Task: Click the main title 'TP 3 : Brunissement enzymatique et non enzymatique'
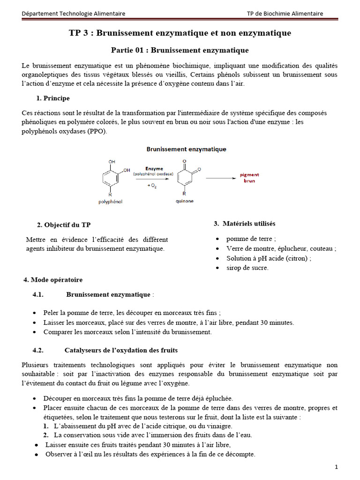point(180,33)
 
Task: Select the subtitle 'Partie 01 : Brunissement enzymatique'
point(180,50)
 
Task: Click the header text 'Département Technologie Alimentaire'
point(74,14)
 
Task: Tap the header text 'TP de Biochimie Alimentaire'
point(285,14)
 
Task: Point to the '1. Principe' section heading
point(53,98)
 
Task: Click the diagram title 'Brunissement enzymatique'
point(187,149)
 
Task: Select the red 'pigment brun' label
point(249,178)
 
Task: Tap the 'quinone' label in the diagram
point(184,201)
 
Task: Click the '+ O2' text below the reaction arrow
point(152,186)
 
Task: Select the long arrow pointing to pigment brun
point(222,178)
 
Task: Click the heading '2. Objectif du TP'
point(64,225)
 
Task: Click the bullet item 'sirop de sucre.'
point(247,268)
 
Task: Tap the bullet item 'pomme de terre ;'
point(251,239)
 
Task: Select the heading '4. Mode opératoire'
point(53,280)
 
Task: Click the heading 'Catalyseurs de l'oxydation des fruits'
point(121,350)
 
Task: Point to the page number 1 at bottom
point(336,467)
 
